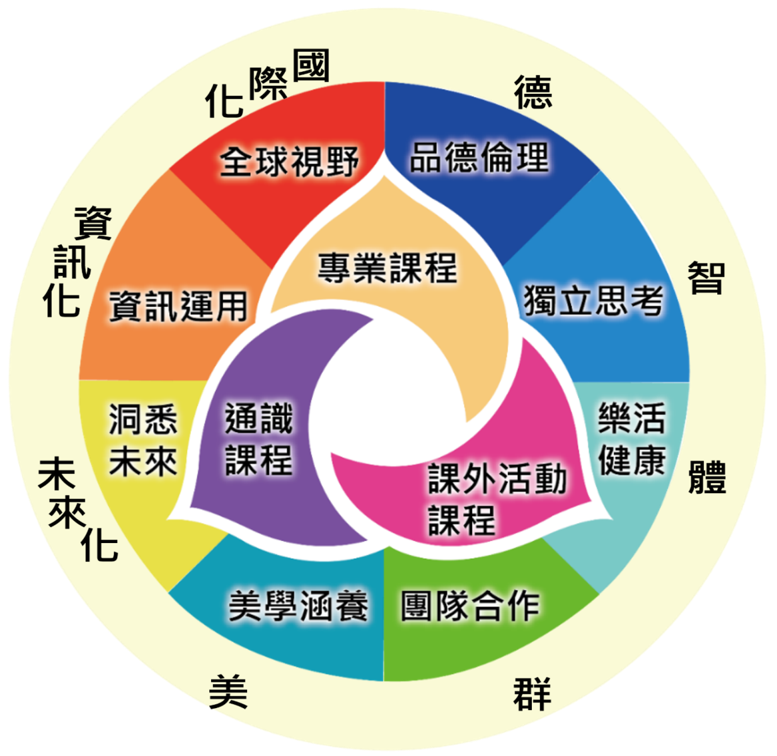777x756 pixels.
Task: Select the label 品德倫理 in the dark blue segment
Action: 479,157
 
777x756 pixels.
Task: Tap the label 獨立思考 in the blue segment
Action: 593,301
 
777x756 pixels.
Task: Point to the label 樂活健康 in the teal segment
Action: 631,439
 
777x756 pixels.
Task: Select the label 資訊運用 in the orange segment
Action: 178,307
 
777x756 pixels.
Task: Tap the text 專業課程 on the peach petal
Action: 387,267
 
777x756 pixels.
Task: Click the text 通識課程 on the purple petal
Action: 259,439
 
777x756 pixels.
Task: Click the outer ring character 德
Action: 533,92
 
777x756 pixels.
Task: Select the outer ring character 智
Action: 706,277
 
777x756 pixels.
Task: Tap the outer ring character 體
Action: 707,477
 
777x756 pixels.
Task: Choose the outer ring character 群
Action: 532,694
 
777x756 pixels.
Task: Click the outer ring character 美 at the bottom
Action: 228,691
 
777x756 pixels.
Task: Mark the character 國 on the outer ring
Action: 311,66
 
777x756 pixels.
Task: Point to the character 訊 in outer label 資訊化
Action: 72,261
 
